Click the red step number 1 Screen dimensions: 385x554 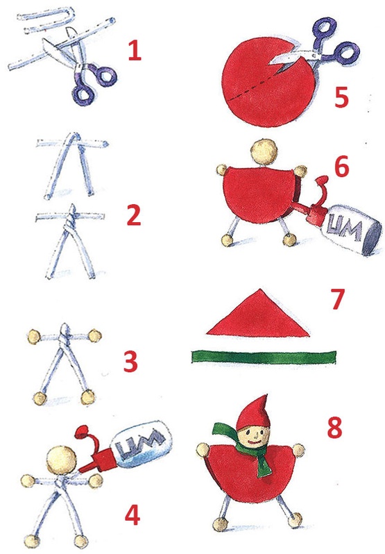point(135,50)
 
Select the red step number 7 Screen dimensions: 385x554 point(337,299)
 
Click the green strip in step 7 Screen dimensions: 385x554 point(264,357)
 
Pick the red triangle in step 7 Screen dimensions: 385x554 point(258,314)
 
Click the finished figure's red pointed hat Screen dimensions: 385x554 point(254,412)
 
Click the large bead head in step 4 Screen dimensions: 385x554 point(62,460)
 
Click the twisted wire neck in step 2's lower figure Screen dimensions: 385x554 point(71,217)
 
